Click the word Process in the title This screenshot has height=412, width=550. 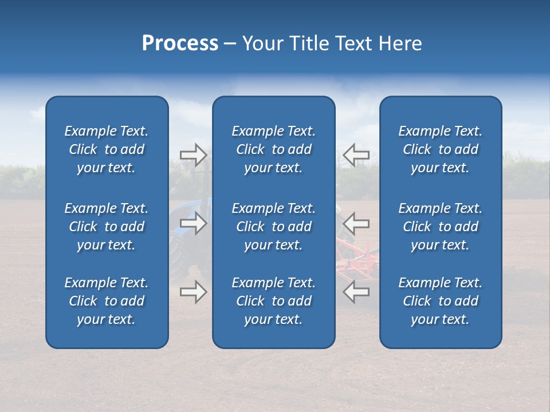[x=180, y=43]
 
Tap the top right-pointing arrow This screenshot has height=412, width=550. [x=193, y=154]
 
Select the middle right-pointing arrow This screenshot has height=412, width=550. [x=193, y=223]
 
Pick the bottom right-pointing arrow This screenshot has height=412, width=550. [x=193, y=292]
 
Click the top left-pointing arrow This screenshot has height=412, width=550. [x=356, y=154]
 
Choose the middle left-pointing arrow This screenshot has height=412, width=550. [x=356, y=223]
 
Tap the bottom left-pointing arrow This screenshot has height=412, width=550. [x=356, y=292]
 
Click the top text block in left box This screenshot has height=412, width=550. [x=107, y=149]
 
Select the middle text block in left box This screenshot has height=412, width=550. [x=107, y=227]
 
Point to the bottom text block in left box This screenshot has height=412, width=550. [x=107, y=301]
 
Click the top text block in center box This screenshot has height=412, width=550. [x=274, y=149]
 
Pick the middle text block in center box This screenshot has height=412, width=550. [x=274, y=227]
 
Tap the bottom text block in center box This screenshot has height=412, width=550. [x=274, y=301]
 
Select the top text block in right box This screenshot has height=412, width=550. [x=441, y=149]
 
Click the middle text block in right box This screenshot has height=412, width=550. [x=441, y=227]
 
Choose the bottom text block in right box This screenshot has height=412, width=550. [x=441, y=301]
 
